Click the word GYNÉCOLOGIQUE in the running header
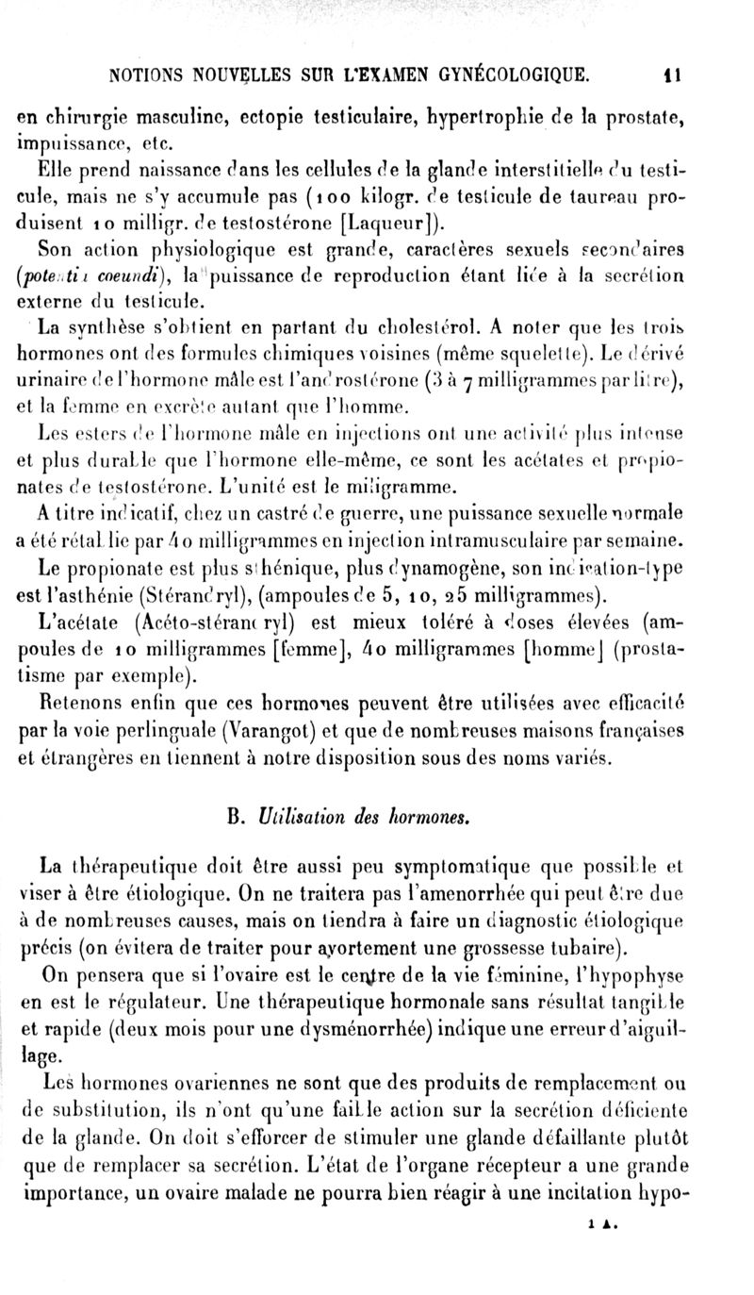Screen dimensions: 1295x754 (x=511, y=71)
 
